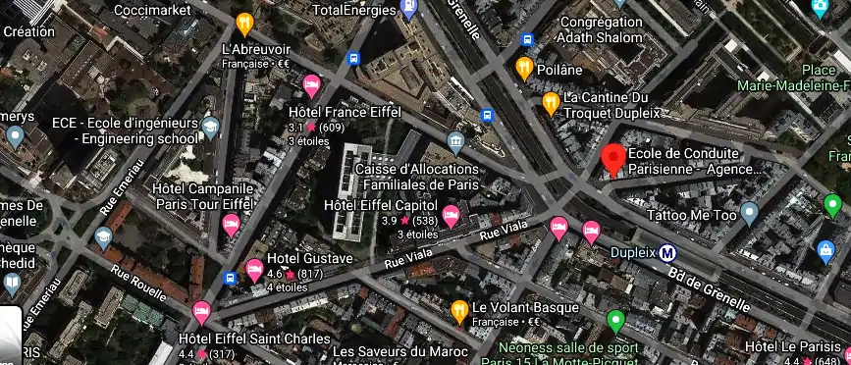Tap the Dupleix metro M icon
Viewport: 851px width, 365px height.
668,252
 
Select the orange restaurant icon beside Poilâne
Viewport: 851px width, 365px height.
524,69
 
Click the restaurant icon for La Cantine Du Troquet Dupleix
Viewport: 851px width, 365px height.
552,103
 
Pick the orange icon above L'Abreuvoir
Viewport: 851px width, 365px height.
243,24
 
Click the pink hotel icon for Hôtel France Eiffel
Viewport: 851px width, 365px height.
312,85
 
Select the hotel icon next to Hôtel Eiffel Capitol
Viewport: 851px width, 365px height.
452,215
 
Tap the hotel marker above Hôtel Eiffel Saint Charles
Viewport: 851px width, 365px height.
202,313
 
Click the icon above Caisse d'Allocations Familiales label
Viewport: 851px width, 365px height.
453,142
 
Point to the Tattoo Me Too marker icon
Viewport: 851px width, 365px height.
750,212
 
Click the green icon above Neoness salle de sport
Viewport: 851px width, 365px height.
616,320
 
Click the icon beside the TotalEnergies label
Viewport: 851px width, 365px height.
410,10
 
